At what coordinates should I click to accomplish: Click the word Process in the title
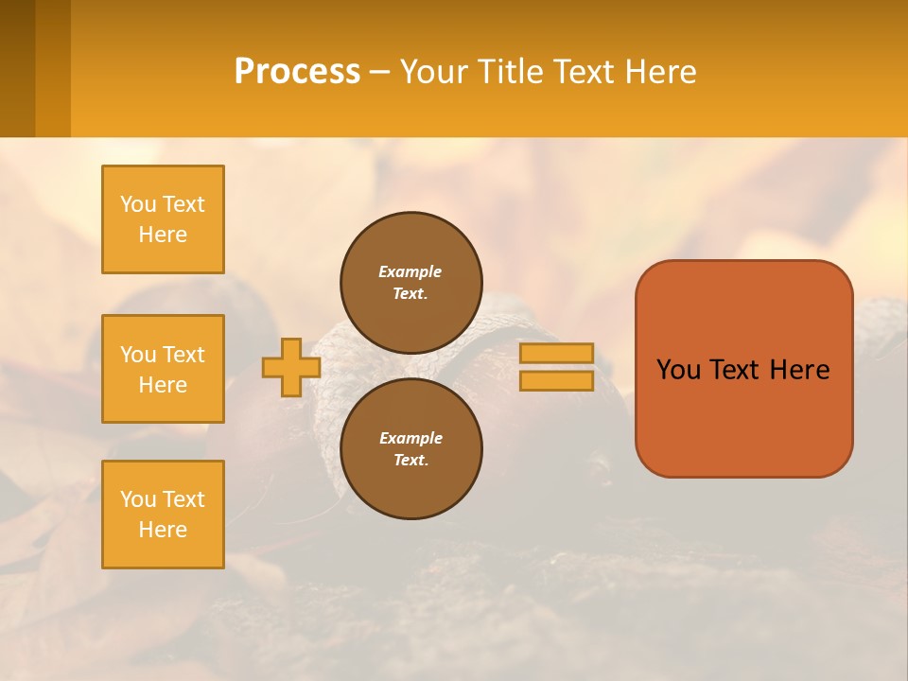(x=297, y=72)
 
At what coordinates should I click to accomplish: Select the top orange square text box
(x=163, y=219)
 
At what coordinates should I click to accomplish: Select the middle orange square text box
(x=163, y=369)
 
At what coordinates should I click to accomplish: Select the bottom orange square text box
(x=163, y=515)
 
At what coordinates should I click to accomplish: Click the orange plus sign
(x=290, y=367)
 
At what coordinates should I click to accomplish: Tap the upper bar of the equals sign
(x=557, y=353)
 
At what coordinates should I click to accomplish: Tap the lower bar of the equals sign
(x=557, y=381)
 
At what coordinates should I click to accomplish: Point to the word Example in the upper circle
(x=410, y=271)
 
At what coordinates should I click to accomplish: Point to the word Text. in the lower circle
(x=410, y=461)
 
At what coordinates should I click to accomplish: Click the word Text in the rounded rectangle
(x=736, y=370)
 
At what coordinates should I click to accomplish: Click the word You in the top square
(x=138, y=204)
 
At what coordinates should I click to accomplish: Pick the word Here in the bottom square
(x=163, y=530)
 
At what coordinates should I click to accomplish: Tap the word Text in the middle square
(x=183, y=355)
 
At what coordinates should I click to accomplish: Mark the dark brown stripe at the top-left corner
(x=17, y=68)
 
